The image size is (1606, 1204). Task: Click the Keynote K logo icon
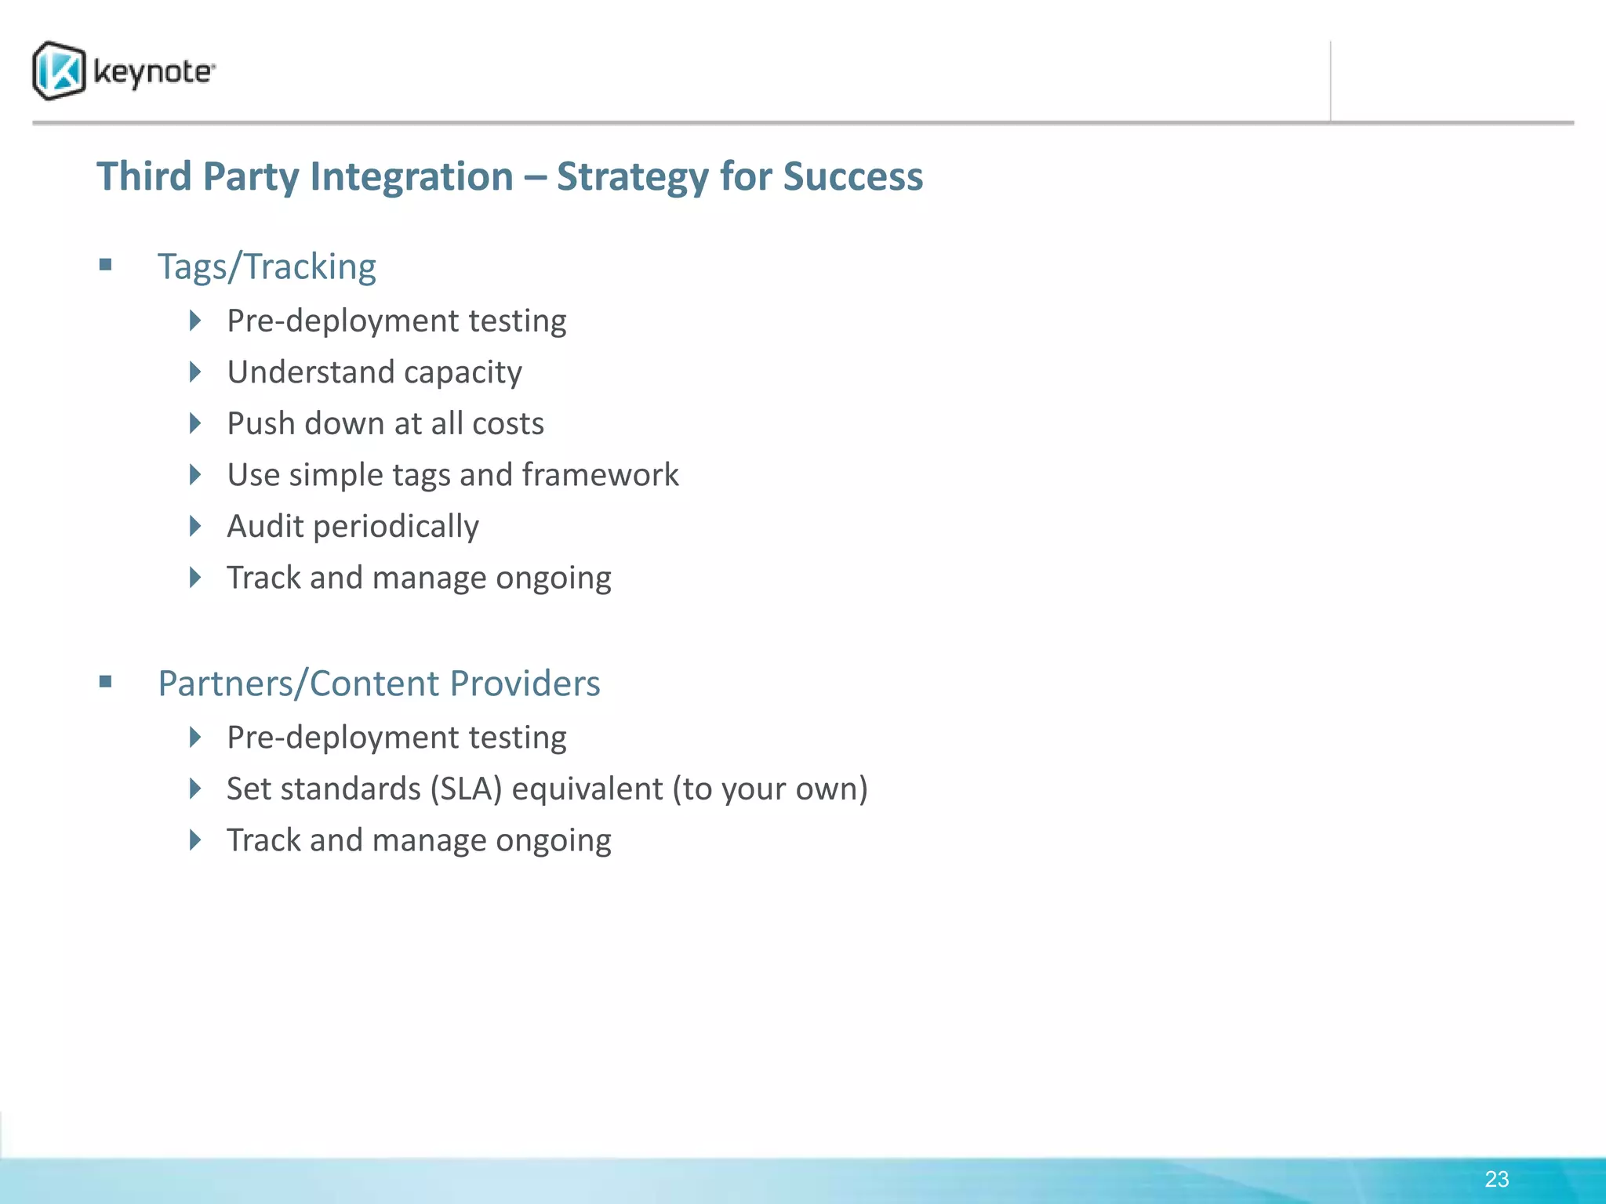[59, 71]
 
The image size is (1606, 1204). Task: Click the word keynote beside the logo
[153, 72]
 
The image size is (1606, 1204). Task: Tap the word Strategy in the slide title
[632, 177]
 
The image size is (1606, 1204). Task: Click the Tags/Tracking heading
[267, 267]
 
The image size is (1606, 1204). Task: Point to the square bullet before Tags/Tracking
[106, 265]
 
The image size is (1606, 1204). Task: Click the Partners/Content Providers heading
[379, 684]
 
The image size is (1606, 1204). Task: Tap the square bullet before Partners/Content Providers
[106, 682]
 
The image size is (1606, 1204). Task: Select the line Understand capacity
[374, 372]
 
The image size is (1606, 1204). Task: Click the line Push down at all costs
[385, 424]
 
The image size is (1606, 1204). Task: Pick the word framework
[600, 475]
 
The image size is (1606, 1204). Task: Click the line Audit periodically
[353, 527]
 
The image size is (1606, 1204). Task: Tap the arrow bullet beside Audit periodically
[196, 526]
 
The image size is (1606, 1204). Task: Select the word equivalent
[587, 789]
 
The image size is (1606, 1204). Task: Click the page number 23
[1496, 1179]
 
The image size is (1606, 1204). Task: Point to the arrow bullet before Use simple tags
[196, 474]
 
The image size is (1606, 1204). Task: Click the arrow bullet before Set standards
[196, 789]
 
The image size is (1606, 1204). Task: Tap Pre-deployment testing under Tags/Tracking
[396, 321]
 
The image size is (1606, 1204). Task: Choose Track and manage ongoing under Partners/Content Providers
[419, 840]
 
